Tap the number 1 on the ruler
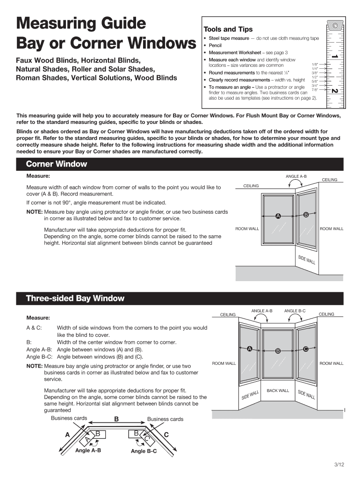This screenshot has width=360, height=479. point(334,56)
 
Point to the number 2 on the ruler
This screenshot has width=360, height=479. point(334,90)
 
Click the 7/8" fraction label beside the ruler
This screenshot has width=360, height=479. point(315,90)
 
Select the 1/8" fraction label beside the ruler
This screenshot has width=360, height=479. point(315,64)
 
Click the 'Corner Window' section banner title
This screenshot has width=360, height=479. point(57,164)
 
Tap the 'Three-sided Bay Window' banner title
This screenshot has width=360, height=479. point(75,298)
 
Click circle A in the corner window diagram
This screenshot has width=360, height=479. point(278,216)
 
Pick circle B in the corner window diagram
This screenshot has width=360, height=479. point(306,215)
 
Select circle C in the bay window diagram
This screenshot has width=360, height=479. point(306,348)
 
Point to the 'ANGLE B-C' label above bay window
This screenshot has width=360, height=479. point(295,311)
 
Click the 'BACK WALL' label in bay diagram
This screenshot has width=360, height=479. point(278,391)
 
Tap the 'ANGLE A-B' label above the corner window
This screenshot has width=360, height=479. point(296,176)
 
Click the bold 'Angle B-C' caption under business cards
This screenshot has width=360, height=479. point(144,451)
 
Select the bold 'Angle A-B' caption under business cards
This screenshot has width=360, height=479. point(88,450)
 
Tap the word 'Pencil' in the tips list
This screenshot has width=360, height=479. point(215,45)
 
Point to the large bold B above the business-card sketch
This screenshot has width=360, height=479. point(116,419)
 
